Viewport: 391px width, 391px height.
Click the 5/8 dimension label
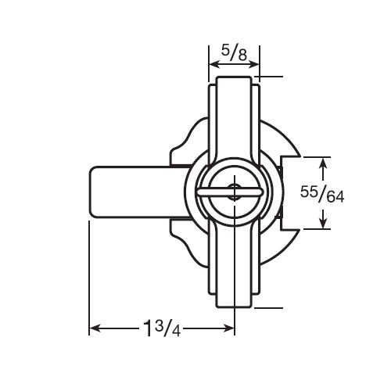tap(233, 52)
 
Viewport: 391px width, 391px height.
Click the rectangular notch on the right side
tap(286, 193)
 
